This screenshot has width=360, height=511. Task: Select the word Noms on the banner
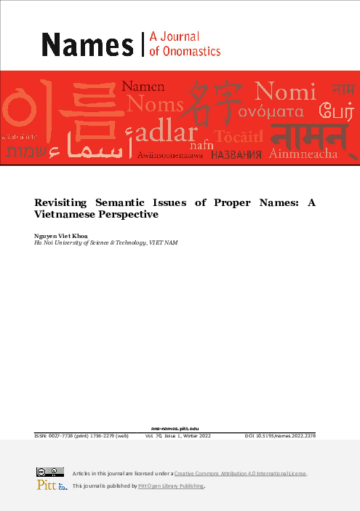click(154, 106)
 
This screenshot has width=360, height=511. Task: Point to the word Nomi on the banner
click(286, 92)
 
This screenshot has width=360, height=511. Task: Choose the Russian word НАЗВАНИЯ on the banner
click(237, 155)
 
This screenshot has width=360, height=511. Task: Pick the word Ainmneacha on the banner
click(303, 154)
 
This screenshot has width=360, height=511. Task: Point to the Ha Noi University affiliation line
click(105, 242)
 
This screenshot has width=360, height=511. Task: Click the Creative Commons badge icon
click(46, 472)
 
